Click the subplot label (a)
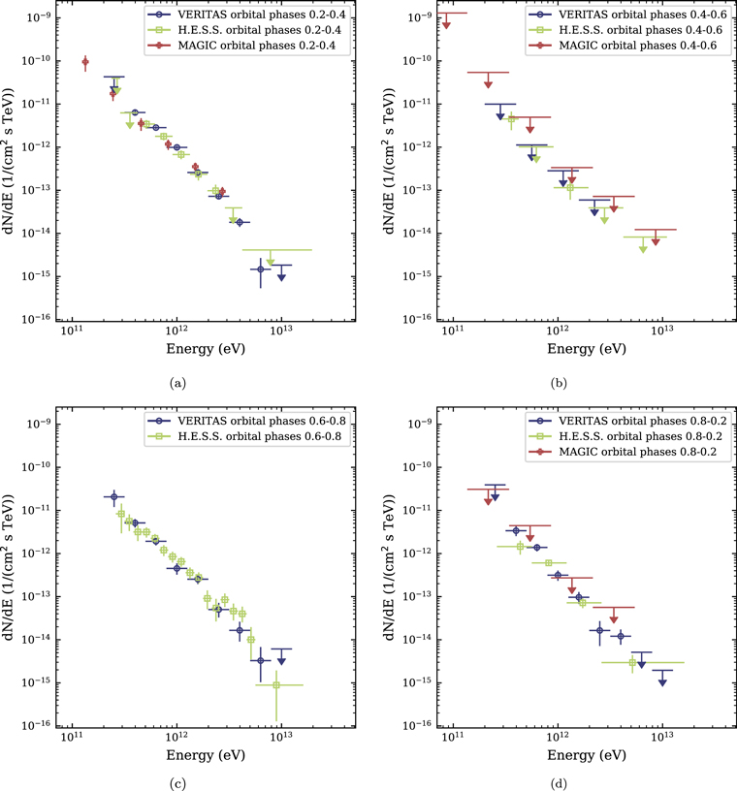tap(176, 384)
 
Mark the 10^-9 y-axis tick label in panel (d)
tap(417, 424)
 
